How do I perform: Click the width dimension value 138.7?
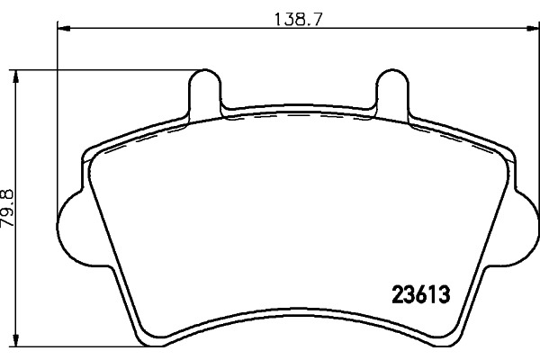(298, 19)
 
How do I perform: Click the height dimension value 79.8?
(7, 207)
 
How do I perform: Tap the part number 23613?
(421, 295)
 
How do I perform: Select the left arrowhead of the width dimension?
(64, 29)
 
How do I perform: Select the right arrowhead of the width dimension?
(533, 29)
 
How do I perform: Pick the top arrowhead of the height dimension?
(15, 76)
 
